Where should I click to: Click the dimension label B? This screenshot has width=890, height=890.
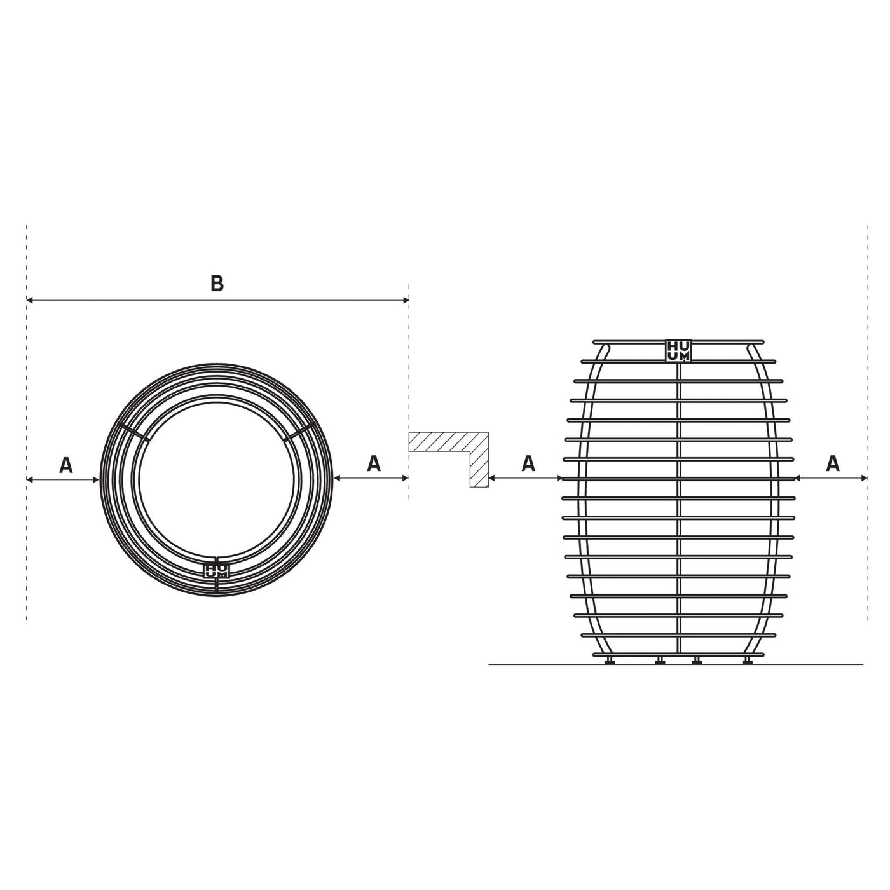coord(217,284)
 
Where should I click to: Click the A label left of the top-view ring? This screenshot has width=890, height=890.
coord(66,465)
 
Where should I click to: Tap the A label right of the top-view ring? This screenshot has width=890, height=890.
coord(374,463)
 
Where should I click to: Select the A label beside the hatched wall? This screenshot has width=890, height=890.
coord(528,464)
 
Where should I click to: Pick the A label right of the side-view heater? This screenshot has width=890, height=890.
coord(832,464)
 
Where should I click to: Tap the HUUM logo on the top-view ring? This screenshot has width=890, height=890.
coord(216,570)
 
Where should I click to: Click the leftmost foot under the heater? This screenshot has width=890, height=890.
coord(610,662)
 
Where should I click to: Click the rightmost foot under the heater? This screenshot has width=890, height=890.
coord(747,662)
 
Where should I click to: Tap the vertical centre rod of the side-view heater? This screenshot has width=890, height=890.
coord(679,509)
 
